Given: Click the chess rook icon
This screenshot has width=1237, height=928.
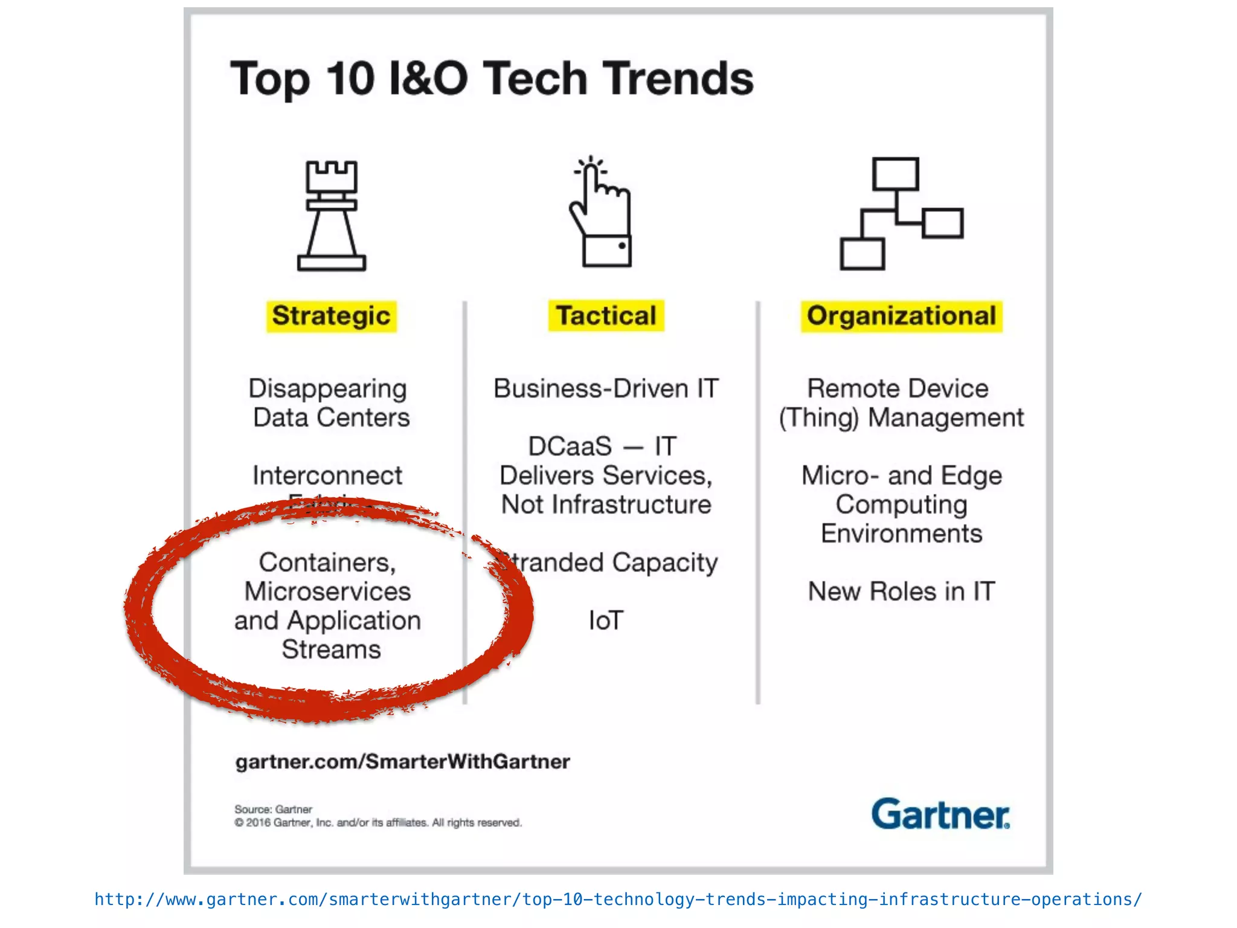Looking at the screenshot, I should (x=332, y=216).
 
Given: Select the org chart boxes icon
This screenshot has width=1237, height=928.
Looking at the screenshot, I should (x=901, y=213).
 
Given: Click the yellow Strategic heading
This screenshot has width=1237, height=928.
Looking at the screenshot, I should (x=331, y=316).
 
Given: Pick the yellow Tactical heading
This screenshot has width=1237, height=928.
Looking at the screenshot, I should (x=606, y=316).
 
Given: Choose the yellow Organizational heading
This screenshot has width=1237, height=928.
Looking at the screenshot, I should (x=901, y=316).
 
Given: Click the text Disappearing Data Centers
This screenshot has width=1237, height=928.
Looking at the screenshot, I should (x=330, y=403).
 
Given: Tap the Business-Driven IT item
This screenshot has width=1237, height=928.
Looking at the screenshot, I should (x=606, y=388).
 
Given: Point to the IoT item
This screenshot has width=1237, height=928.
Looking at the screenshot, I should (x=606, y=620).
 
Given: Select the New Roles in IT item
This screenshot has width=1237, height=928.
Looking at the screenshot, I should (x=901, y=591).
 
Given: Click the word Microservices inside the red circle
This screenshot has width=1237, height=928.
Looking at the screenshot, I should (x=327, y=591).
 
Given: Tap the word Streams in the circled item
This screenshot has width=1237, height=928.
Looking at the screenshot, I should (x=331, y=649).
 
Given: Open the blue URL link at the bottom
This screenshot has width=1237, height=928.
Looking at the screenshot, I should (x=618, y=900).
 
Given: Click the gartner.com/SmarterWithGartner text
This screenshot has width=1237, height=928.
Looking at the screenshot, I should (x=402, y=762).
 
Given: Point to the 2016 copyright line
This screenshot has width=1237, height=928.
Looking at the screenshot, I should (x=378, y=823).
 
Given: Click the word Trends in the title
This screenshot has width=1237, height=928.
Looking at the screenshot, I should (x=680, y=79).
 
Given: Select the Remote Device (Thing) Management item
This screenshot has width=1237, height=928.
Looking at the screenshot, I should (x=901, y=403).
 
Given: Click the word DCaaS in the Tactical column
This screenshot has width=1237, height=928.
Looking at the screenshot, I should (x=570, y=446).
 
